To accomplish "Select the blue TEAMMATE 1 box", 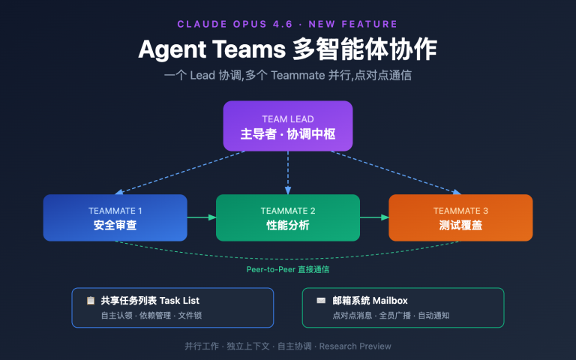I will (115, 217).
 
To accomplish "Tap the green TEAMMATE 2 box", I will (288, 217).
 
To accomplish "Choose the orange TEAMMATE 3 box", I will (460, 217).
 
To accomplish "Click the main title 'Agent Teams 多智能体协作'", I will (288, 49).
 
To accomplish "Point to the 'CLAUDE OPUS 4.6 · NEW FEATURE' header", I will (288, 25).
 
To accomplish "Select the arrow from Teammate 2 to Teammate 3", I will (374, 217).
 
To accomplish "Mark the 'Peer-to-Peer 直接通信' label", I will (288, 268).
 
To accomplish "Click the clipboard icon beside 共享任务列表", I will (91, 301).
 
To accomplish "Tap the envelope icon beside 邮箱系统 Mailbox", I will (321, 301).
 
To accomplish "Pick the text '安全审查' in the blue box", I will (115, 225).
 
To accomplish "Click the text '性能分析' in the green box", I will (288, 225).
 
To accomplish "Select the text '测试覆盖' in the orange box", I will (460, 225).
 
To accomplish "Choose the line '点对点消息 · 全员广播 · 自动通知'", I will (390, 316).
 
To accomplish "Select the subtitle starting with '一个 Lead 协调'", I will (288, 76).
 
